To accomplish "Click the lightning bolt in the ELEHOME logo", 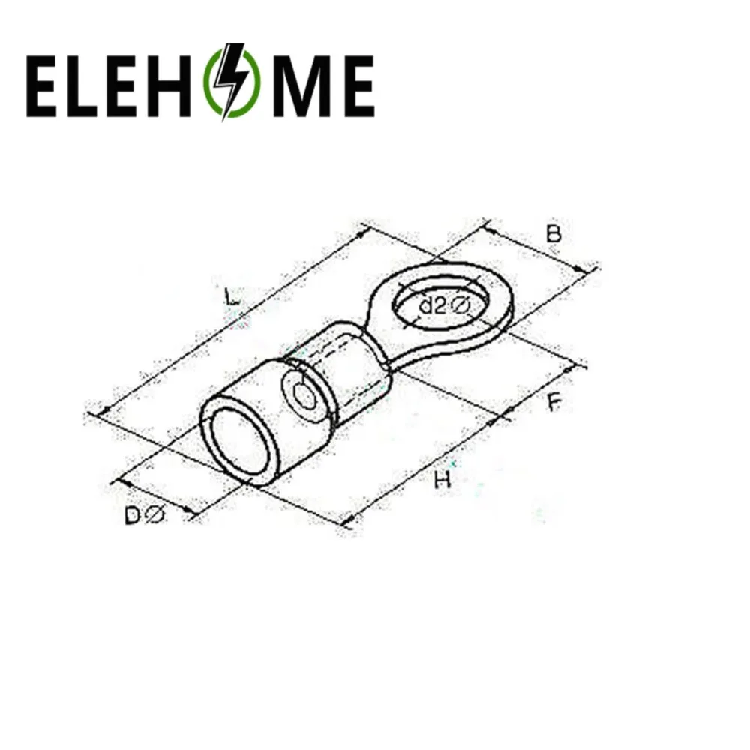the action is tap(232, 81).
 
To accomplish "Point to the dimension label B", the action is tap(553, 234).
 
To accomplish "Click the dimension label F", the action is tap(553, 402).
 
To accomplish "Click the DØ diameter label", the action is tap(145, 516).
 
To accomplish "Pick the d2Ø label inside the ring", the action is tap(444, 306).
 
